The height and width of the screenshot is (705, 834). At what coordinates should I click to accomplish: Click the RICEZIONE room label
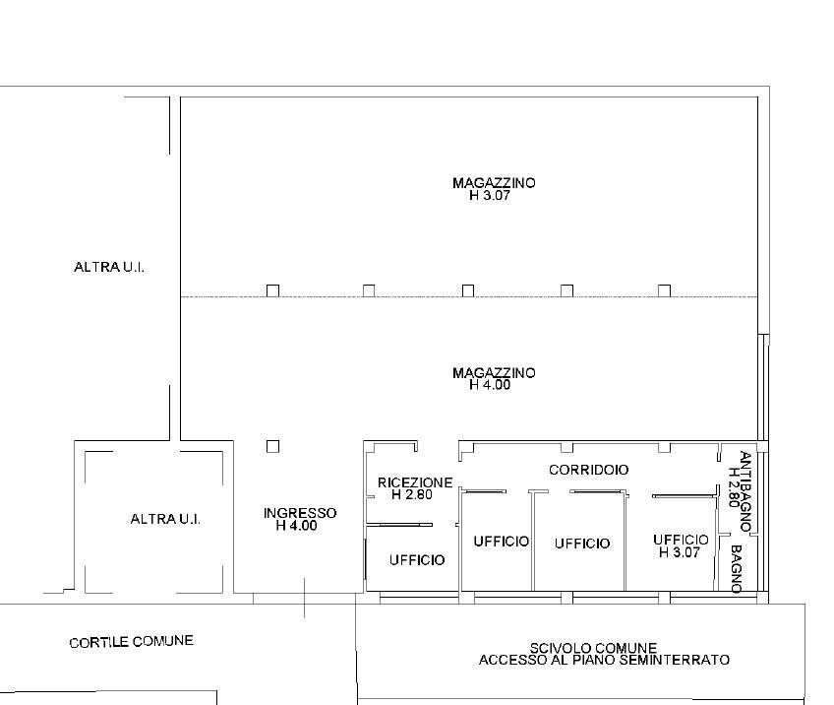(x=415, y=482)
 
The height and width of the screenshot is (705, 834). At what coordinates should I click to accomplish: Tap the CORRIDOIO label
(x=589, y=470)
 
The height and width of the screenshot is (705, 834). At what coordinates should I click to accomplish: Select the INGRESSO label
(x=300, y=513)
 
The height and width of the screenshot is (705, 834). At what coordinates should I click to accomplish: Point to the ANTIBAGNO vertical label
(x=745, y=491)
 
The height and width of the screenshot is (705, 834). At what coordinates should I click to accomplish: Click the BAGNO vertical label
(x=737, y=569)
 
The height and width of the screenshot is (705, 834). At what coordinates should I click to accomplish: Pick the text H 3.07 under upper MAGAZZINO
(x=490, y=195)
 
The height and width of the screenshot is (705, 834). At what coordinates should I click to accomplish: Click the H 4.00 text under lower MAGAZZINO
(x=490, y=385)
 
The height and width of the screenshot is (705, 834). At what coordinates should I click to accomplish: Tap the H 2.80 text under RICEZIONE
(x=412, y=494)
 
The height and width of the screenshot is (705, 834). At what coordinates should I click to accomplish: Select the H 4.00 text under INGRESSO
(x=297, y=526)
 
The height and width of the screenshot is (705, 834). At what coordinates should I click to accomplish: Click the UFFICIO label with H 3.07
(x=681, y=540)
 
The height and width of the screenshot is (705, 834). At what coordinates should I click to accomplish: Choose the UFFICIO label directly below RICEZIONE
(x=417, y=560)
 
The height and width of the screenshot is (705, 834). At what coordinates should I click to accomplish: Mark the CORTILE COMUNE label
(x=132, y=642)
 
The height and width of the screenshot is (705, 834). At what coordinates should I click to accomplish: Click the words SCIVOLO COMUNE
(x=593, y=648)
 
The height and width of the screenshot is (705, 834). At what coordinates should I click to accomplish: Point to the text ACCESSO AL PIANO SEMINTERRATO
(x=604, y=661)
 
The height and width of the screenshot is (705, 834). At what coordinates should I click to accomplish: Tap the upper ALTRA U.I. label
(x=109, y=267)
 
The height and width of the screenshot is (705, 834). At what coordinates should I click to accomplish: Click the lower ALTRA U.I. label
(x=165, y=519)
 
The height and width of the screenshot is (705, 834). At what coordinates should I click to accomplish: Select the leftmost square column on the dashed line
(x=272, y=290)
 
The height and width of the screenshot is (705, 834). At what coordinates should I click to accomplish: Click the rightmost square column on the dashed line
(x=664, y=290)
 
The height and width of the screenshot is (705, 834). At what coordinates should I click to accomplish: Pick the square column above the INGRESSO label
(x=272, y=446)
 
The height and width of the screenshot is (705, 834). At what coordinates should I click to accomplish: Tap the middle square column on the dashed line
(x=468, y=290)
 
